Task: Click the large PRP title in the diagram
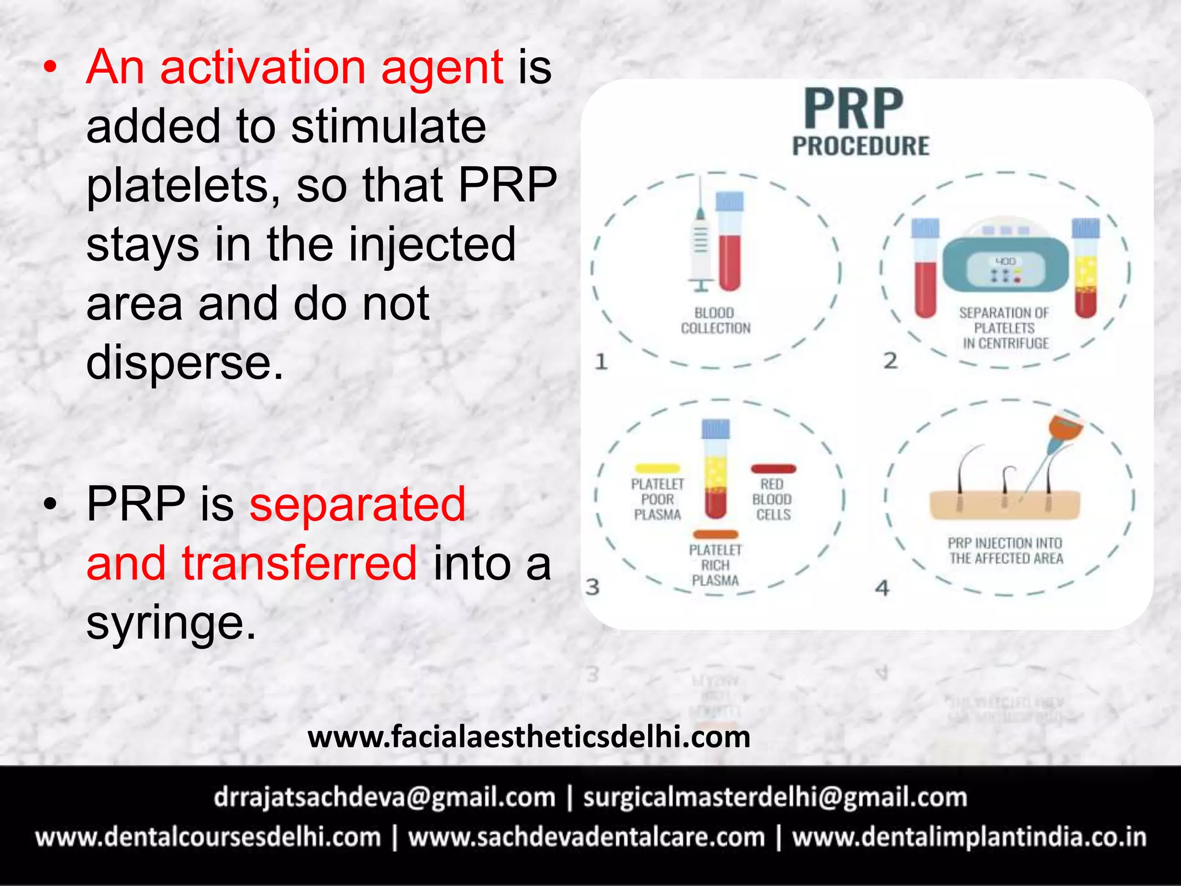(x=853, y=109)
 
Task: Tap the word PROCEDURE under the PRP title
(x=860, y=146)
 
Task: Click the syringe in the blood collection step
(x=700, y=242)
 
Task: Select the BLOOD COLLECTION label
(x=716, y=321)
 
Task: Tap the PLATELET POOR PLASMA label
(x=657, y=500)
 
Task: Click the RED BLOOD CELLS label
(x=772, y=500)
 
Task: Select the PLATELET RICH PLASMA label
(x=715, y=565)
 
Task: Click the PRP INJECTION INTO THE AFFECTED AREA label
(x=1006, y=551)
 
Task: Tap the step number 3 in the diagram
(x=593, y=587)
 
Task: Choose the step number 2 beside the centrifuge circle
(x=890, y=361)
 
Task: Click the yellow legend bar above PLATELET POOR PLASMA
(x=657, y=468)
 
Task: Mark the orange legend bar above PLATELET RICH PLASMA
(x=715, y=534)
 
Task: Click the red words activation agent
(x=295, y=67)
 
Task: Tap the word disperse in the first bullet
(x=185, y=363)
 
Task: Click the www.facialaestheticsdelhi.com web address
(x=529, y=737)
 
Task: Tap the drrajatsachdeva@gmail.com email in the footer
(x=384, y=797)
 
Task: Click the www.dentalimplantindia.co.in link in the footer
(x=969, y=838)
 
